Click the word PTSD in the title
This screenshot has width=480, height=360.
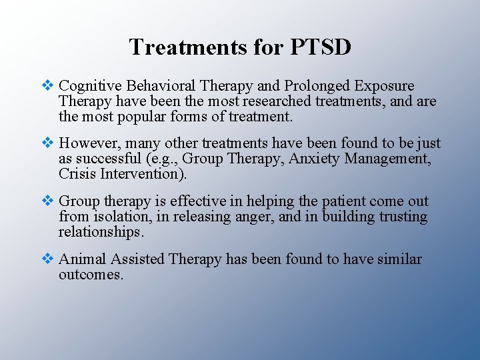coord(321,47)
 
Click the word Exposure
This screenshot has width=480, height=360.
coord(385,87)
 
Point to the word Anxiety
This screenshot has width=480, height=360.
coord(312,159)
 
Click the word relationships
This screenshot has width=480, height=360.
coord(101,231)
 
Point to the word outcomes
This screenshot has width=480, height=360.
coord(91,274)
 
